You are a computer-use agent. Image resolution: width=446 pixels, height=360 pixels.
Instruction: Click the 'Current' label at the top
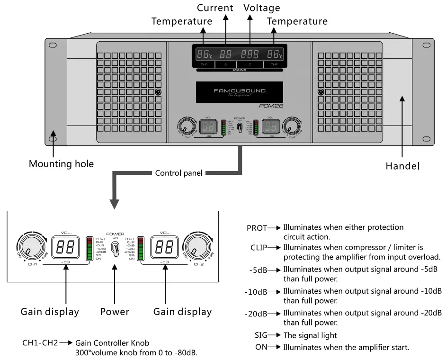click(x=215, y=8)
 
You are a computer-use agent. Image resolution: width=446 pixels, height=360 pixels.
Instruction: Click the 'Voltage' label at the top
click(x=262, y=8)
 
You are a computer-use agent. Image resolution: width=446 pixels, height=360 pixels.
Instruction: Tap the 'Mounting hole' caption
click(x=61, y=164)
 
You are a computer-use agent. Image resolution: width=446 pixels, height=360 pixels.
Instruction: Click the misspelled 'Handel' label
click(x=402, y=166)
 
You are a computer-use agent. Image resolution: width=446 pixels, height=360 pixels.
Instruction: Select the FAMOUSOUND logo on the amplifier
click(x=239, y=91)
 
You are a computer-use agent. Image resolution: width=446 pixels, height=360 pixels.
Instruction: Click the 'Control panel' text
click(x=178, y=173)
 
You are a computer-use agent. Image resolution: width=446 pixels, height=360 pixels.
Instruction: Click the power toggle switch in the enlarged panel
click(x=114, y=248)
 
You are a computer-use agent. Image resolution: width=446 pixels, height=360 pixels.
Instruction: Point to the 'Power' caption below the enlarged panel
click(x=115, y=311)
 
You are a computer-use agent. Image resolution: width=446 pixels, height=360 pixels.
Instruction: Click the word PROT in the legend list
click(x=257, y=227)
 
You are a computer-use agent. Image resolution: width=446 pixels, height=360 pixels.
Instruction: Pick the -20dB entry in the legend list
click(x=256, y=314)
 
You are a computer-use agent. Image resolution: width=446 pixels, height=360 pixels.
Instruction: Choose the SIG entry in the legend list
click(x=261, y=335)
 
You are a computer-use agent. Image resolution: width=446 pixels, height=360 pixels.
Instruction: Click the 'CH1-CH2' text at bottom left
click(x=40, y=342)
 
